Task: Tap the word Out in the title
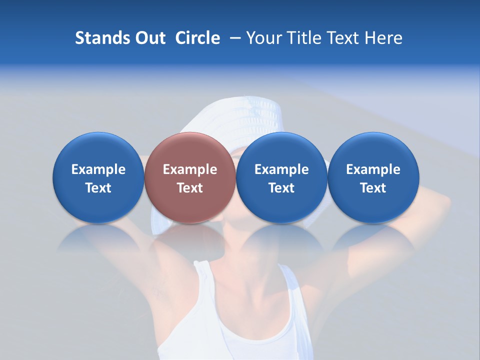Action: tap(149, 38)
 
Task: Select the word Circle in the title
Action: tap(197, 38)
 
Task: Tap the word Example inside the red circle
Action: tap(190, 169)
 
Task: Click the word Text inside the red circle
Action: tap(190, 188)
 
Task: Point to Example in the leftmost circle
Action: tap(98, 169)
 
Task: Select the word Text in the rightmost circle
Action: tap(373, 188)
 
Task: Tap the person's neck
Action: tap(245, 250)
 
